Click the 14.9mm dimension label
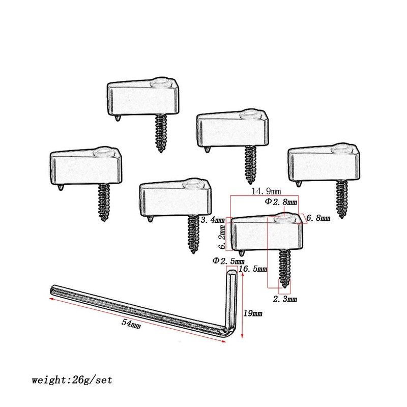[x=266, y=191]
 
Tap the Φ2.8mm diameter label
[x=281, y=201]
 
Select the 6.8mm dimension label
[x=318, y=218]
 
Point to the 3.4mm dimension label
[x=213, y=220]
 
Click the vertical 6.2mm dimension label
[x=222, y=237]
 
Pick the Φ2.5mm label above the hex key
[x=228, y=260]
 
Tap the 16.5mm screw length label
[x=253, y=269]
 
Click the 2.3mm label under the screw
[x=285, y=299]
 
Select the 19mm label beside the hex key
[x=252, y=313]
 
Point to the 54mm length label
[x=131, y=324]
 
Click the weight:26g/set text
[x=72, y=380]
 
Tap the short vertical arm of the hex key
[x=231, y=301]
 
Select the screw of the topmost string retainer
[x=161, y=133]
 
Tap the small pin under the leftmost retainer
[x=60, y=187]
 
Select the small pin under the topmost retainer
[x=118, y=118]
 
